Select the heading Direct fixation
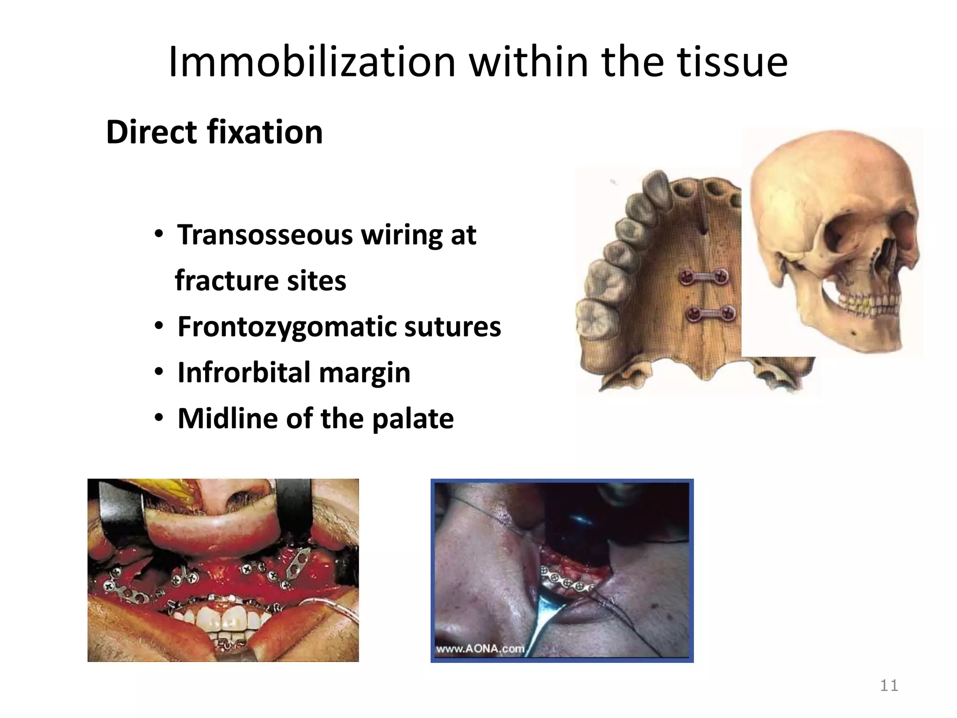(214, 132)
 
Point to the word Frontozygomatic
(286, 326)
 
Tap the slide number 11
(889, 686)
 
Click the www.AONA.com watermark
(480, 649)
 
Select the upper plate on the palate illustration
(704, 278)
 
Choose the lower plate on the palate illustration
(709, 313)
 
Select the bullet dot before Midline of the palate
(159, 418)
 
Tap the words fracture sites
(260, 281)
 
